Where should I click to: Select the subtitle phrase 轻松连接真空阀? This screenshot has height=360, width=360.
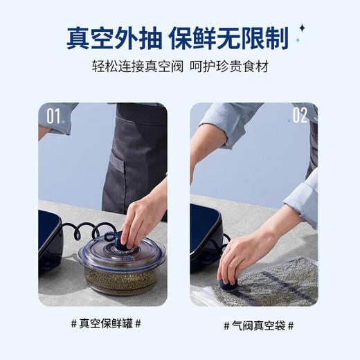click(x=130, y=68)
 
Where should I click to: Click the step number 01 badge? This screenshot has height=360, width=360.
click(x=54, y=116)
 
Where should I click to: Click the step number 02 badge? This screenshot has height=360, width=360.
click(x=299, y=115)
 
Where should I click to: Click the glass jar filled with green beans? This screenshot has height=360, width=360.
click(x=122, y=267)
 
